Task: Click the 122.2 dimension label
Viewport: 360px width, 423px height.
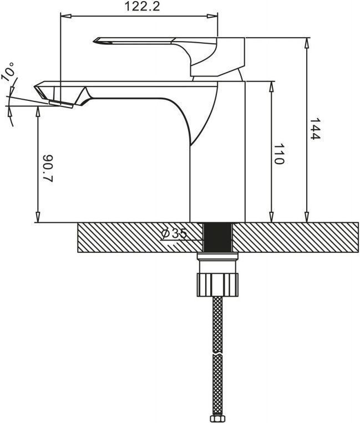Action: click(x=142, y=7)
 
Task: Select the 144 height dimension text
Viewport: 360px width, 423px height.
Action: click(x=314, y=129)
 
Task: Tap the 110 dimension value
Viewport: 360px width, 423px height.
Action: click(x=279, y=154)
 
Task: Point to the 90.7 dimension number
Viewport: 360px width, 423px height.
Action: click(x=48, y=169)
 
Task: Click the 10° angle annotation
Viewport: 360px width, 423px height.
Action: click(x=9, y=72)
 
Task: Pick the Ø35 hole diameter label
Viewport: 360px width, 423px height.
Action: click(x=174, y=233)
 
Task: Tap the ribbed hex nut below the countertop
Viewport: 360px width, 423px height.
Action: click(x=217, y=284)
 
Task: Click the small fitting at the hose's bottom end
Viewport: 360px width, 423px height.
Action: click(x=217, y=419)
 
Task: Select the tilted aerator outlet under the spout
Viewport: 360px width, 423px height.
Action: click(x=61, y=104)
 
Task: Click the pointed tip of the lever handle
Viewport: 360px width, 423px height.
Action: click(x=94, y=41)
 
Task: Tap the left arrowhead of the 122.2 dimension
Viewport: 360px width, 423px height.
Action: click(x=65, y=16)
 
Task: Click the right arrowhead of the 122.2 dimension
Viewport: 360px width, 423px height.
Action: click(x=212, y=16)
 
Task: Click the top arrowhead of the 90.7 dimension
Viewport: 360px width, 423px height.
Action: click(x=38, y=111)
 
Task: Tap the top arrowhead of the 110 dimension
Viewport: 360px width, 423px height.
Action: click(x=272, y=86)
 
